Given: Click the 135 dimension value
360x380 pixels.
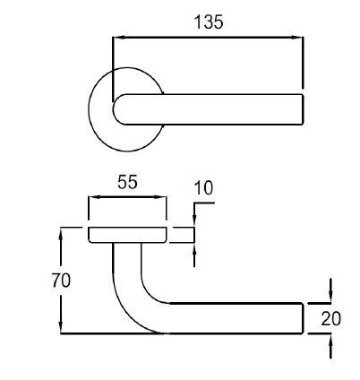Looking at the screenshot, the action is [x=209, y=22].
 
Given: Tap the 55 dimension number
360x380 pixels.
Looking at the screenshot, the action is [x=127, y=182].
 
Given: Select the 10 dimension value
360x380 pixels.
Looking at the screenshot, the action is [x=203, y=188].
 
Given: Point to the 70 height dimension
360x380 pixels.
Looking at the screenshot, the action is [x=61, y=281].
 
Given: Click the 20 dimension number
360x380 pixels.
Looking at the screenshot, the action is [x=330, y=319].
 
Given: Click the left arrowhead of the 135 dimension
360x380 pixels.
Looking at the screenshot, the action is [x=119, y=38].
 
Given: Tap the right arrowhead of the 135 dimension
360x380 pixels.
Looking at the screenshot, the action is [x=297, y=38].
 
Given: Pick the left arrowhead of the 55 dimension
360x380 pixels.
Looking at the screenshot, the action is [x=94, y=197].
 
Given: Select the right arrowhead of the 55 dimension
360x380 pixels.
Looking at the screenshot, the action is [x=160, y=197].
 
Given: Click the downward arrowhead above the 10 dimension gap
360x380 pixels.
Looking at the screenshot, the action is [x=194, y=220].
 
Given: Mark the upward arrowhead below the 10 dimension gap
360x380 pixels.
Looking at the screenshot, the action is [x=194, y=249].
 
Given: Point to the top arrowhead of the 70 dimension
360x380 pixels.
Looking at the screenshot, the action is [x=61, y=234].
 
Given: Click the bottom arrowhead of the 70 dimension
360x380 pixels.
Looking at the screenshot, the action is [x=61, y=326].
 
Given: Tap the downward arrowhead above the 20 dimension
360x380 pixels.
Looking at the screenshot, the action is [x=330, y=296].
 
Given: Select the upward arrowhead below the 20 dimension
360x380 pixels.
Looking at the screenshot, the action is [x=330, y=341].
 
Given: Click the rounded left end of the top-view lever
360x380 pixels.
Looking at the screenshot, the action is [x=114, y=109].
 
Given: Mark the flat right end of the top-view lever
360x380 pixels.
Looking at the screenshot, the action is [x=303, y=109].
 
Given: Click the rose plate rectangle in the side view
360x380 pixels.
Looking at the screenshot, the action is [x=127, y=235].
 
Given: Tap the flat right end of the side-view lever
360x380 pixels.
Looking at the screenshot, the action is [x=303, y=318].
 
